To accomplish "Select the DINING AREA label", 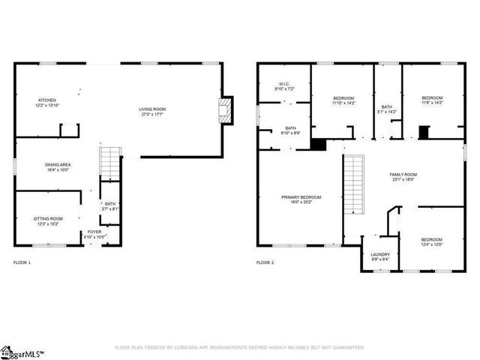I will click(50, 166).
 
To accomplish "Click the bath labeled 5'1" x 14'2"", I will click(386, 109).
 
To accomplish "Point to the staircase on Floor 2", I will click(353, 185).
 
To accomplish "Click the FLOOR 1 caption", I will click(22, 263).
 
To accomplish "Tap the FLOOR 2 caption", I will click(265, 263).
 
